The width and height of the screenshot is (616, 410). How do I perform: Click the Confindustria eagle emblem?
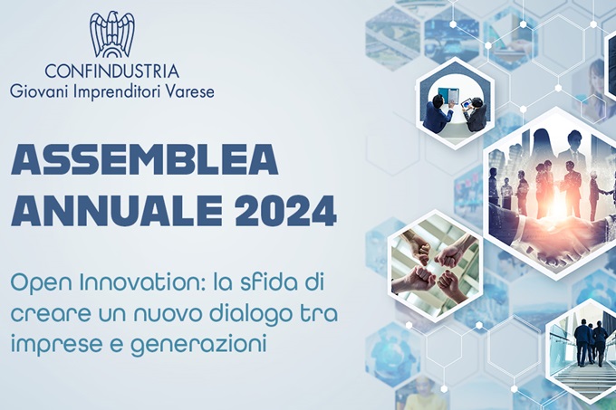[112, 34]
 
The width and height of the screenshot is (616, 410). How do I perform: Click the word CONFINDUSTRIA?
[112, 72]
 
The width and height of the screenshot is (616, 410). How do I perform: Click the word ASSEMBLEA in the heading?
[145, 160]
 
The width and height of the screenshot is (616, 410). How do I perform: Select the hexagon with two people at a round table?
[454, 103]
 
